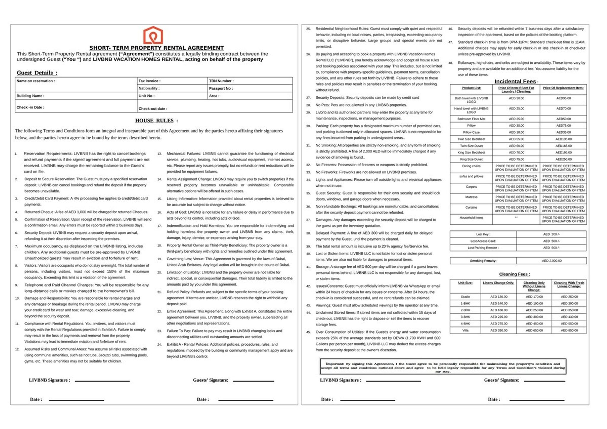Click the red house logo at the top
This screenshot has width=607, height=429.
coord(153,35)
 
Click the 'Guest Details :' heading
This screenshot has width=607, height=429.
coord(37,73)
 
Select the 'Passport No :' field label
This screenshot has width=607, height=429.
coord(221,88)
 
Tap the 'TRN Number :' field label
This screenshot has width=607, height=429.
coord(221,81)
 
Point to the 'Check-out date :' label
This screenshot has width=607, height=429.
coord(153,109)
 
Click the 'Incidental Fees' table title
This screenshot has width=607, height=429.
coord(515,81)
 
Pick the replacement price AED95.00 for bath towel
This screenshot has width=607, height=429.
coord(563,98)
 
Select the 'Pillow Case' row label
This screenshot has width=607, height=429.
coord(471,132)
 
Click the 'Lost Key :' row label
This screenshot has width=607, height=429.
coord(483,234)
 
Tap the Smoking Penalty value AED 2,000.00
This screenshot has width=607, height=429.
coord(552,261)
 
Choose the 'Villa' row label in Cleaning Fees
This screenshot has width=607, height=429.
coord(465,330)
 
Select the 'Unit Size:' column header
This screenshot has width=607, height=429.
coord(465,283)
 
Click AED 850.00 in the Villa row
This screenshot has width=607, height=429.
coord(569,330)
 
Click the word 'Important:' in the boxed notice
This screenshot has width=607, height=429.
coord(335,364)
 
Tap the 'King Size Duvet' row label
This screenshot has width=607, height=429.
coord(471,159)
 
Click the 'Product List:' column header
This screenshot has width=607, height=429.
coord(471,88)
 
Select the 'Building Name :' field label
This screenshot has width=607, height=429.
coord(31,96)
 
